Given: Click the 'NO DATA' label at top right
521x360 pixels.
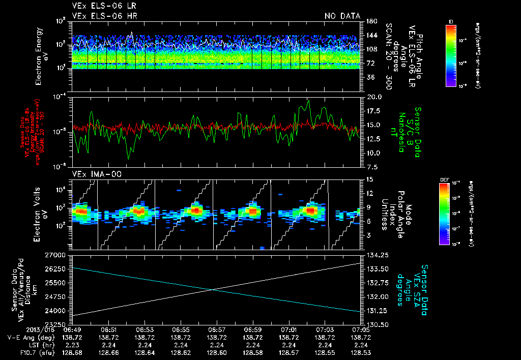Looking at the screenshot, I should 342,16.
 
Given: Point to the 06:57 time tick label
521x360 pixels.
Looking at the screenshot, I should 217,329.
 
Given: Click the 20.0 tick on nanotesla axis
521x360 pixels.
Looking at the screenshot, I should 373,97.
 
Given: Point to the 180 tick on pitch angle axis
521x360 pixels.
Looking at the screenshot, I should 370,21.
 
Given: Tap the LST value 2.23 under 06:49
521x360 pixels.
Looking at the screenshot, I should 73,344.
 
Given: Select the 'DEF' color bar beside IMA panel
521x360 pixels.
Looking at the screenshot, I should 445,214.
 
